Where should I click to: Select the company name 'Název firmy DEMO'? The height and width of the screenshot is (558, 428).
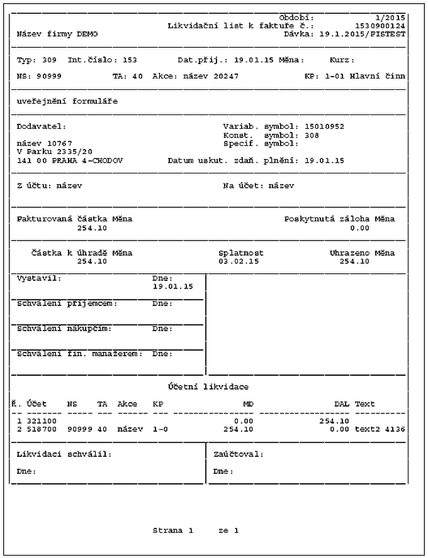57,34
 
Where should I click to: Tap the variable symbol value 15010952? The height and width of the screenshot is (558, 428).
324,126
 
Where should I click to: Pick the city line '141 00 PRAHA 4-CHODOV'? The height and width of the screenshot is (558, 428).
70,160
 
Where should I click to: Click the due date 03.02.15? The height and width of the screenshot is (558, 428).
239,261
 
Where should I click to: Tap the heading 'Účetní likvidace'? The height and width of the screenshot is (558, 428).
208,386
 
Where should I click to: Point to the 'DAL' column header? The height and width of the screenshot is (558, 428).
341,403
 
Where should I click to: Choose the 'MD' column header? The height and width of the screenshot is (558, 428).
248,403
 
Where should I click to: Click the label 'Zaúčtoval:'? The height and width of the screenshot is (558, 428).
239,454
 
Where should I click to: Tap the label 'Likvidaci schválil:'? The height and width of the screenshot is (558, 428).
64,454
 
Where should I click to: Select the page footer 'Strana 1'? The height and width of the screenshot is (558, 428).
172,530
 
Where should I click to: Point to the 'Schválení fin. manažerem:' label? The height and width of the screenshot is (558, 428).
80,353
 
